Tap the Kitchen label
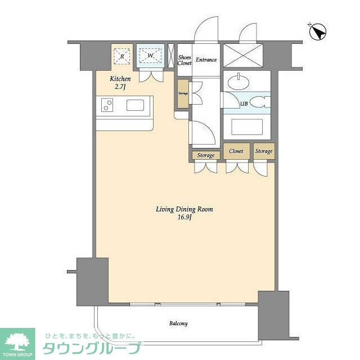pyautogui.click(x=120, y=79)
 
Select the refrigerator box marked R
pyautogui.click(x=122, y=55)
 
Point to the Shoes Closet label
pyautogui.click(x=184, y=60)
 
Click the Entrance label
pyautogui.click(x=206, y=60)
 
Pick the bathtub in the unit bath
pyautogui.click(x=247, y=127)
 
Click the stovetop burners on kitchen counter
pyautogui.click(x=107, y=105)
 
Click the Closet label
pyautogui.click(x=236, y=151)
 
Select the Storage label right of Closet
pyautogui.click(x=263, y=151)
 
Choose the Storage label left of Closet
pyautogui.click(x=206, y=155)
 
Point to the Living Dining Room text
pyautogui.click(x=184, y=209)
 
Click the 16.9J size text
pyautogui.click(x=184, y=217)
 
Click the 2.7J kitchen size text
pyautogui.click(x=120, y=88)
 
